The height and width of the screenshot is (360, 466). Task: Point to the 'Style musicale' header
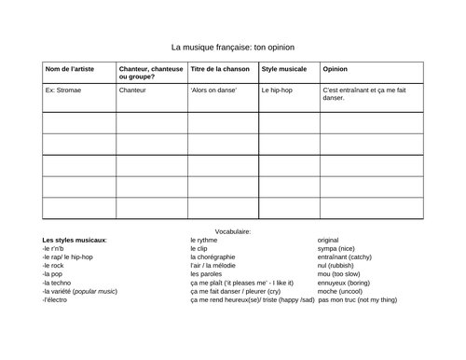(x=284, y=69)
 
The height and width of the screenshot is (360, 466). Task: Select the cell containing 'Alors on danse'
(x=213, y=91)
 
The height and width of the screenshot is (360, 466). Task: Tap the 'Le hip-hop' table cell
(x=278, y=91)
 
